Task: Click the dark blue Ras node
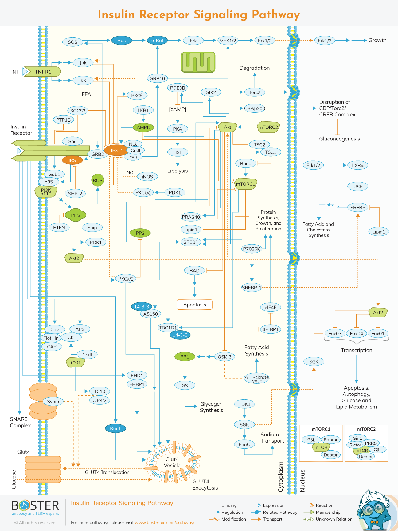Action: (121, 40)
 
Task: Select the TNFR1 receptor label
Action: (43, 72)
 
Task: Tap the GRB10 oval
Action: (157, 78)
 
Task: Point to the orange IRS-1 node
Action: (117, 151)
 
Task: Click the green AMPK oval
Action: (143, 127)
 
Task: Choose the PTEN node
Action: (59, 227)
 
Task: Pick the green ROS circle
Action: (98, 180)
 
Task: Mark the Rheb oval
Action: (246, 163)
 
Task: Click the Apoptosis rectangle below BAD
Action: (195, 305)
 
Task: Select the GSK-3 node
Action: (224, 356)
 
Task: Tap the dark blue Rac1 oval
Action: (115, 428)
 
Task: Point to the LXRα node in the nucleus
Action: (358, 165)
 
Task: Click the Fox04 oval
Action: (356, 333)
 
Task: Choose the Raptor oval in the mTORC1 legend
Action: (330, 440)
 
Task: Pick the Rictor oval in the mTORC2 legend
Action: (355, 445)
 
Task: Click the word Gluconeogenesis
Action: (339, 139)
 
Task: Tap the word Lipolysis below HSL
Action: (178, 171)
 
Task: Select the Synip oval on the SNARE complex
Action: (53, 401)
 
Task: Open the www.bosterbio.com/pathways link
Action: (165, 522)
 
